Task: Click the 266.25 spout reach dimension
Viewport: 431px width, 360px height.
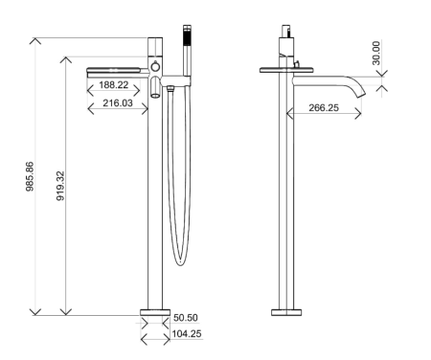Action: coord(318,108)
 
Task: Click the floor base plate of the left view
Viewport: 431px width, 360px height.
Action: coord(153,312)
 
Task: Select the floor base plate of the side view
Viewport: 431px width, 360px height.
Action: coord(286,312)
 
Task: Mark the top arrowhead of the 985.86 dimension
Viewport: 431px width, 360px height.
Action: coord(35,41)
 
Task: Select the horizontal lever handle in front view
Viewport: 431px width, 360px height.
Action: coord(116,70)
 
